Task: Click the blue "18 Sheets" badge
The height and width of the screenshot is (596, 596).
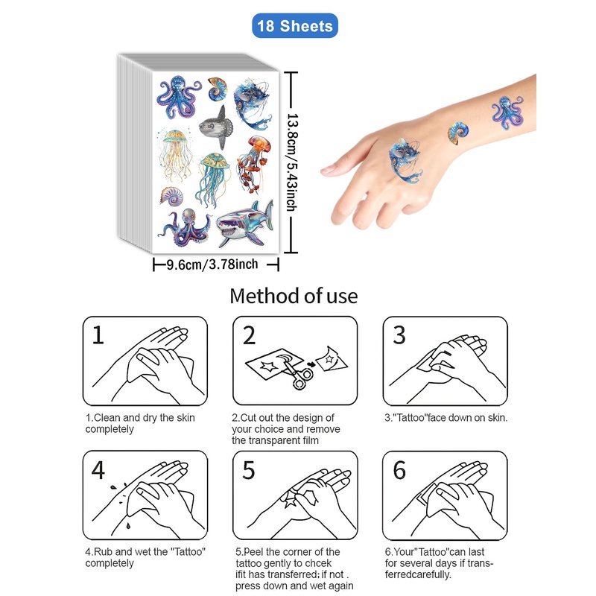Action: click(x=295, y=26)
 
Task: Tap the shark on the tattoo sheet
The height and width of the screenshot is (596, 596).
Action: click(x=244, y=225)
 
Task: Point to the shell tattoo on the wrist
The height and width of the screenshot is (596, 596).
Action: click(x=457, y=133)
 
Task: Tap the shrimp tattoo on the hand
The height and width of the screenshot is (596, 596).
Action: click(x=405, y=160)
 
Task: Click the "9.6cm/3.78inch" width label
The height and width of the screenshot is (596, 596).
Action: click(x=212, y=264)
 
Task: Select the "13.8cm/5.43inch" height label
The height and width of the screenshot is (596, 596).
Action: click(x=292, y=162)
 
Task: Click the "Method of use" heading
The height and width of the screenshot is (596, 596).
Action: click(x=294, y=296)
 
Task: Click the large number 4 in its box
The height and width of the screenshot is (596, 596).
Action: click(x=98, y=470)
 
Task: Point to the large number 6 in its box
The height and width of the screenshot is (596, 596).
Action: click(x=399, y=470)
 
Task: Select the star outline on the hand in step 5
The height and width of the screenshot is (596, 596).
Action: click(x=291, y=499)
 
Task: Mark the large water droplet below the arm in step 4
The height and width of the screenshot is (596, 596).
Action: click(x=128, y=526)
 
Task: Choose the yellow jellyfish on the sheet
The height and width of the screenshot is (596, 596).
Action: click(x=176, y=155)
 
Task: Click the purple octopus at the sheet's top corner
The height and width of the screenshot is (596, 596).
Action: click(x=178, y=97)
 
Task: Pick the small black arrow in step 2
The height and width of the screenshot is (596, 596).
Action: click(x=311, y=364)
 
